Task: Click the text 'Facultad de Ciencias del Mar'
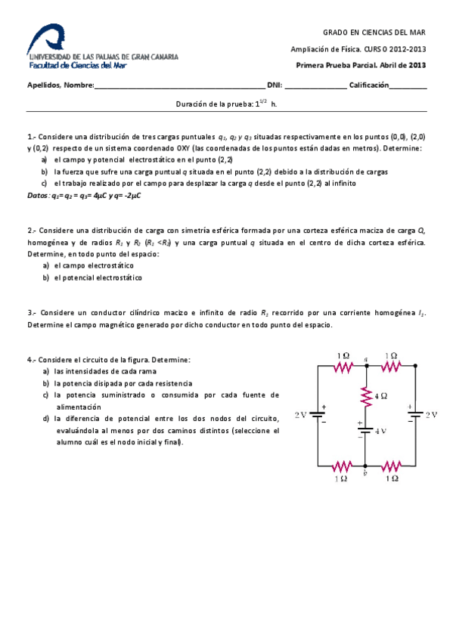(x=77, y=66)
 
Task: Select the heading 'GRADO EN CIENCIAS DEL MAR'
(x=374, y=33)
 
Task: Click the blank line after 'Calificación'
(x=408, y=87)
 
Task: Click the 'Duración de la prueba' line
(x=226, y=104)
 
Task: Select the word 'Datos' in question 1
(x=37, y=195)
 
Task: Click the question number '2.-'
(x=32, y=231)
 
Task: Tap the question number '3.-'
(x=32, y=312)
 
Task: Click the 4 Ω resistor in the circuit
(x=366, y=395)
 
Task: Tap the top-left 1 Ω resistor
(x=343, y=366)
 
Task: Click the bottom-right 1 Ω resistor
(x=391, y=465)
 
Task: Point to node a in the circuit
(x=366, y=364)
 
